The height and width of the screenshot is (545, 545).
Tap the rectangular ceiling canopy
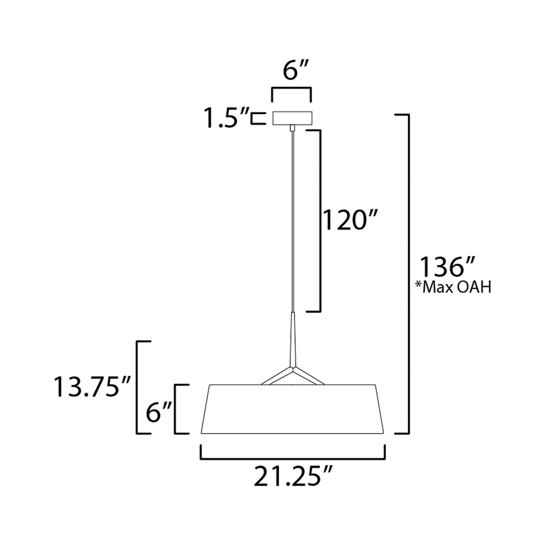[x=292, y=118]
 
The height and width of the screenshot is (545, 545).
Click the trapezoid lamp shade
[x=292, y=409]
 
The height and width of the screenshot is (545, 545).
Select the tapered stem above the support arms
[x=292, y=336]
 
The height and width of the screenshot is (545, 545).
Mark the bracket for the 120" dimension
[x=320, y=221]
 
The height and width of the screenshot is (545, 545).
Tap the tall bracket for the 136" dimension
[x=408, y=273]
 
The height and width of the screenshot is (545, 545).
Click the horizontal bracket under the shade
[x=292, y=459]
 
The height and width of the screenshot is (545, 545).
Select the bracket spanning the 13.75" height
[x=137, y=387]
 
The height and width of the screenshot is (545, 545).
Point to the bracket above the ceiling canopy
[x=292, y=89]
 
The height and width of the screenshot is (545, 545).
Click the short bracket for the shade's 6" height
[x=176, y=409]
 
